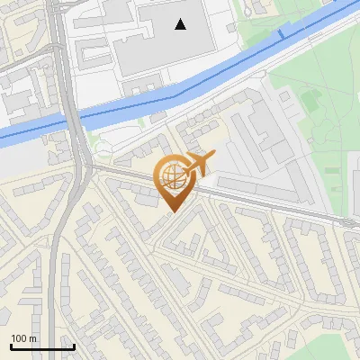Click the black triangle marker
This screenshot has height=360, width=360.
click(x=181, y=24)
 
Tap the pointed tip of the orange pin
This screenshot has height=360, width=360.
click(x=172, y=211)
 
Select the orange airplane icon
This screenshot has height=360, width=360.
click(x=200, y=164)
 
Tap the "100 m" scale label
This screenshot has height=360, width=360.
click(x=23, y=338)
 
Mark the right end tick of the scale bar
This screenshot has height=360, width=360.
click(x=74, y=346)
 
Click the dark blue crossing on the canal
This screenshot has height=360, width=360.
click(x=281, y=34)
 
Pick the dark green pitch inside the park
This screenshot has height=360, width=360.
click(x=310, y=101)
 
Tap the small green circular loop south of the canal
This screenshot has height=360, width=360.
click(x=103, y=148)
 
